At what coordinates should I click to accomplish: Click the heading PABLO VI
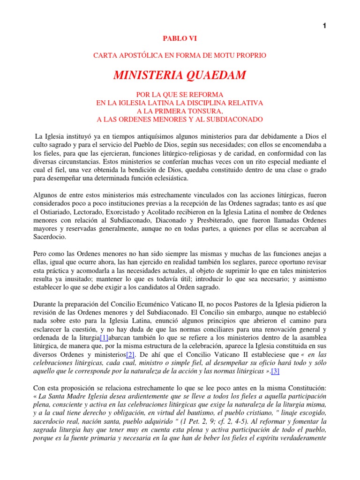pyautogui.click(x=180, y=40)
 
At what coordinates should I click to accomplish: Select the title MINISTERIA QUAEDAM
pyautogui.click(x=180, y=75)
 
